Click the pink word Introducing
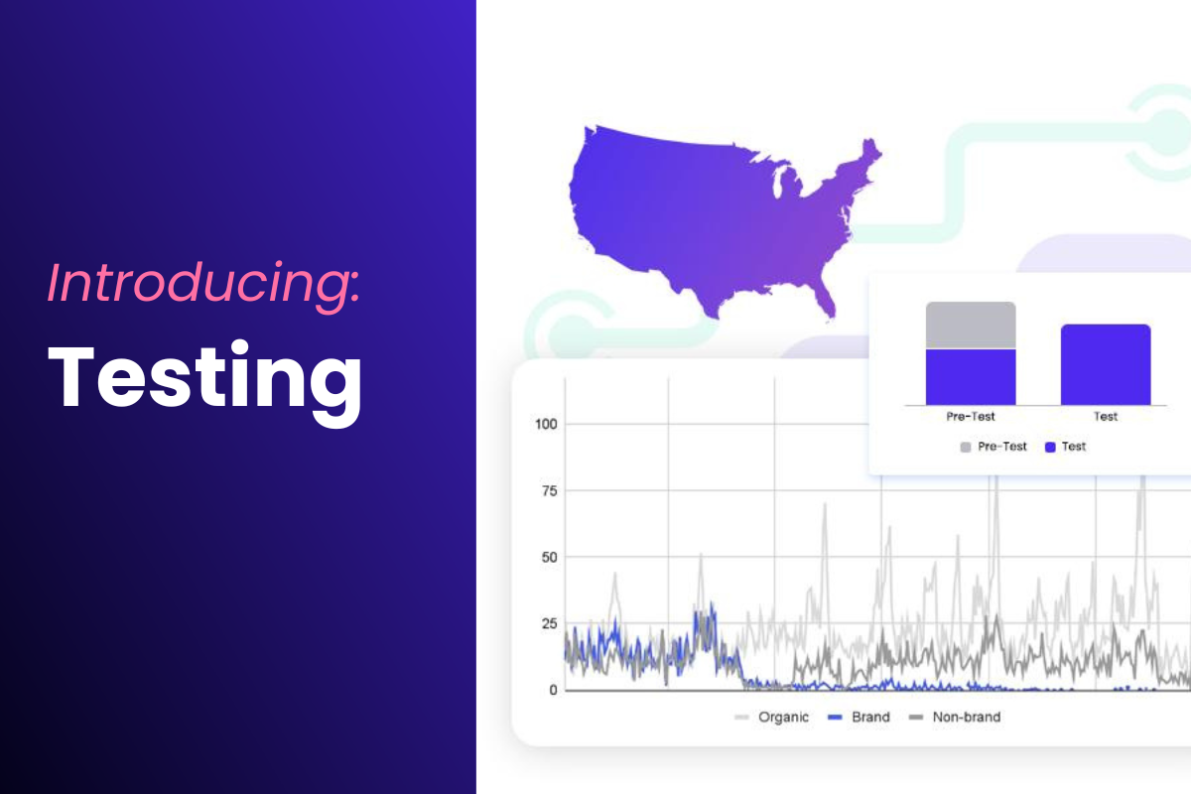point(203,284)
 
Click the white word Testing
point(205,381)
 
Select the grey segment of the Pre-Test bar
point(971,325)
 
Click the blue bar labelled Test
point(1106,365)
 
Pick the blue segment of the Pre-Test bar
point(971,377)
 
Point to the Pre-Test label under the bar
point(971,417)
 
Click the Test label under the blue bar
point(1106,417)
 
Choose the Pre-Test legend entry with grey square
point(993,447)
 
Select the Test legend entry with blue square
point(1066,447)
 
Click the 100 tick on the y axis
point(546,425)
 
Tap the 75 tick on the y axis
point(549,491)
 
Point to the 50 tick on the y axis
point(549,558)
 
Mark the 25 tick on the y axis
point(549,623)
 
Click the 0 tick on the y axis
point(553,690)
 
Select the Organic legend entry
point(771,717)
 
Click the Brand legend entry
point(859,717)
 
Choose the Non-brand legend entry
point(955,717)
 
